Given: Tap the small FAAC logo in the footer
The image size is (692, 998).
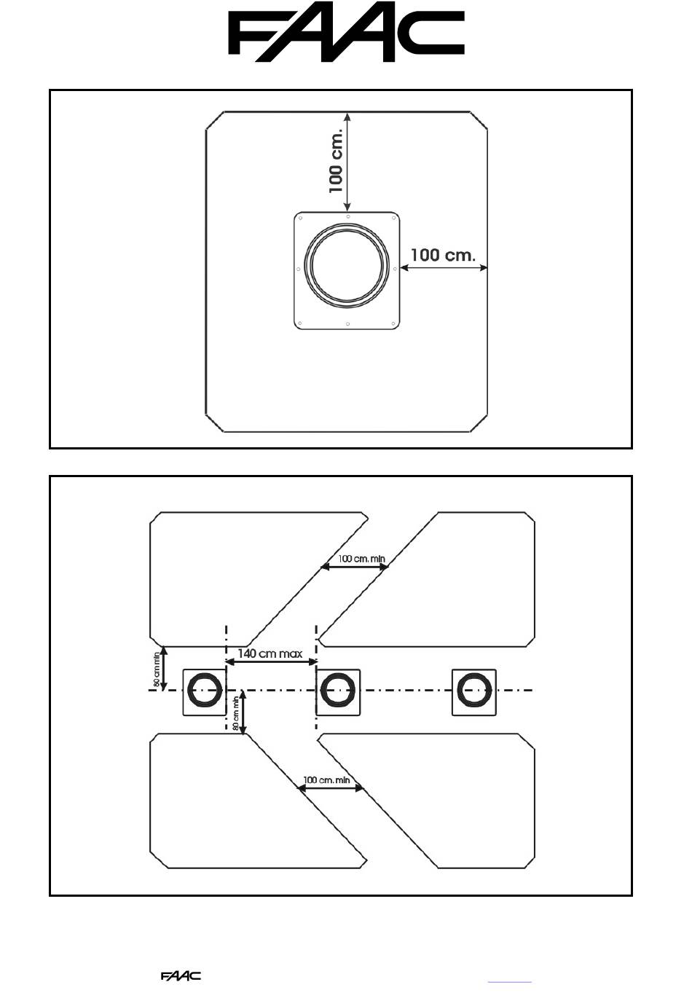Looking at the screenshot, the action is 181,976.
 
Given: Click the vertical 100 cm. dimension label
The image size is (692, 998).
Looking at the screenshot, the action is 336,161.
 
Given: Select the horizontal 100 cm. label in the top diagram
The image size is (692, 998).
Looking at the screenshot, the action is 443,255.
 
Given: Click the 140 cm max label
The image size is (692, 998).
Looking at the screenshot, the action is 270,653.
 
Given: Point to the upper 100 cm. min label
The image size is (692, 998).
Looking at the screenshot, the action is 361,559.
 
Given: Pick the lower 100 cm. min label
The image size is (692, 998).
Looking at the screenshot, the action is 326,779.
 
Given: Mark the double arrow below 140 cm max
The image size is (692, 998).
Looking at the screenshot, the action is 272,662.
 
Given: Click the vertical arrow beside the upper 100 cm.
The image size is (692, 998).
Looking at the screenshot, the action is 347,162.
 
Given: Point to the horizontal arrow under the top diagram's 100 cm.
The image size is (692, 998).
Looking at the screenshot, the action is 444,268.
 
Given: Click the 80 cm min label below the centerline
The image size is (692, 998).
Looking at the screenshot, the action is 236,714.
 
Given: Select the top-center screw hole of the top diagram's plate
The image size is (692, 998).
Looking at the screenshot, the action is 348,216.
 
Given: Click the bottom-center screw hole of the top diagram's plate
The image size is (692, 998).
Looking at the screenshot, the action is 347,324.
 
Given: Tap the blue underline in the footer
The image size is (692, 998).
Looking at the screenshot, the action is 510,982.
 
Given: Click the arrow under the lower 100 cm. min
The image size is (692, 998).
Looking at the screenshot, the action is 330,788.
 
